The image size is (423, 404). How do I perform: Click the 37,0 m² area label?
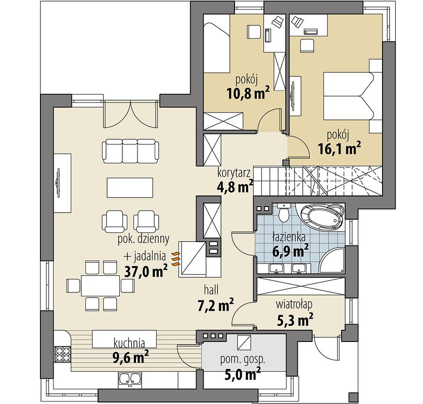point(146,271)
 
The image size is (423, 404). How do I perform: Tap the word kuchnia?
point(129,343)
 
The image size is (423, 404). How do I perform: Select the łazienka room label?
point(289,237)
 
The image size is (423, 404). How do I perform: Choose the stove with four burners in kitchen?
point(63,353)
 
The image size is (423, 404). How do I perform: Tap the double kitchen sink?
point(130,378)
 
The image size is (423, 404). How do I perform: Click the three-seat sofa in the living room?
point(130,150)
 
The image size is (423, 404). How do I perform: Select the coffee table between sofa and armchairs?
point(130,188)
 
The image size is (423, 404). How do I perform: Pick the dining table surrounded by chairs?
point(101,285)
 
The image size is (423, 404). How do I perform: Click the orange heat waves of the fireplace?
point(176,259)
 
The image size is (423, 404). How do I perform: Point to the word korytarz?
point(234,174)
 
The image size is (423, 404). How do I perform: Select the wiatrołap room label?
point(294,305)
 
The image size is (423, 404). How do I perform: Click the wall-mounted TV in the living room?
point(58,183)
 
